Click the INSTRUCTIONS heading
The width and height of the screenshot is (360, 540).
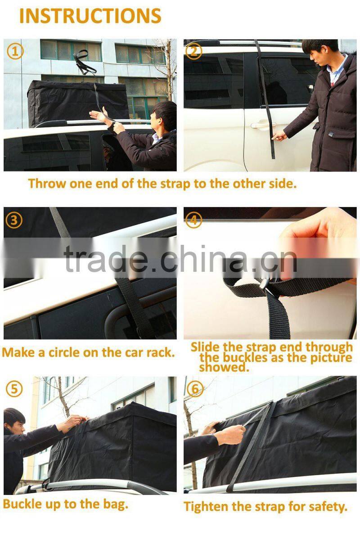pyautogui.click(x=90, y=16)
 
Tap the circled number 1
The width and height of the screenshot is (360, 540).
pyautogui.click(x=15, y=52)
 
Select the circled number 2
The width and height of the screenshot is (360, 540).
pyautogui.click(x=193, y=52)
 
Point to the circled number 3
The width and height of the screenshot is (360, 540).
pyautogui.click(x=14, y=220)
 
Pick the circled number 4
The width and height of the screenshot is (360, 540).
pyautogui.click(x=193, y=220)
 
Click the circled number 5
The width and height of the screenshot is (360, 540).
pyautogui.click(x=14, y=389)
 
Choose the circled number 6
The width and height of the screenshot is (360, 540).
pyautogui.click(x=194, y=389)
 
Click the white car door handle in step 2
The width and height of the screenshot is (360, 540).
pyautogui.click(x=263, y=125)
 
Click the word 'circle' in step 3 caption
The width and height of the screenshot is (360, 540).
pyautogui.click(x=64, y=352)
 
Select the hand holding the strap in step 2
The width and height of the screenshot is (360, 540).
pyautogui.click(x=280, y=135)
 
